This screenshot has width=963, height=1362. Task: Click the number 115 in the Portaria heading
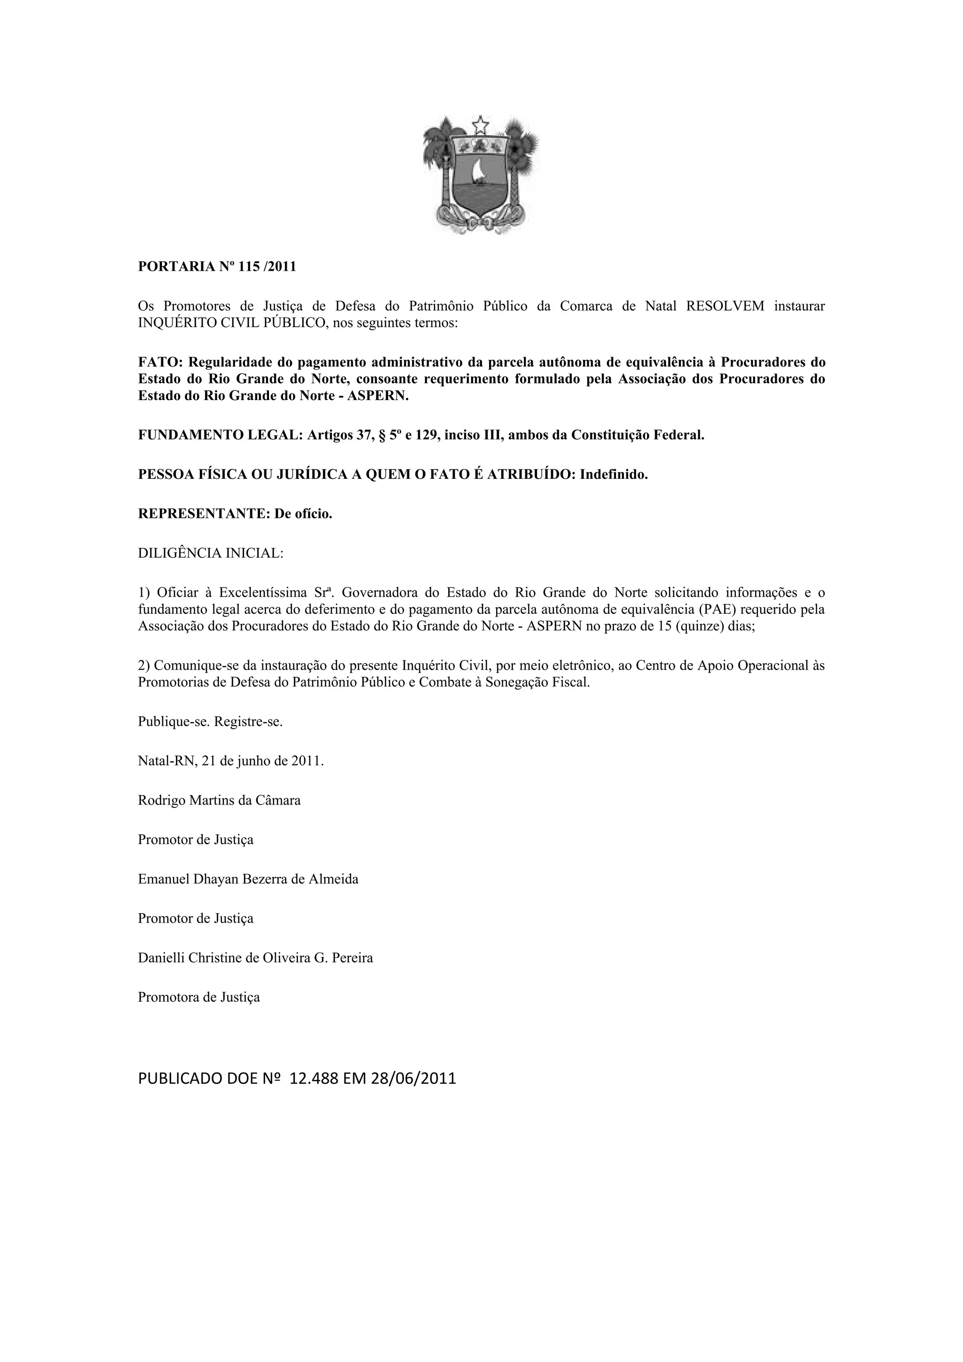(249, 266)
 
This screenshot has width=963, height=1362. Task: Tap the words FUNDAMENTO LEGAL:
(221, 435)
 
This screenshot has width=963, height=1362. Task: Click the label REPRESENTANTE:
(204, 514)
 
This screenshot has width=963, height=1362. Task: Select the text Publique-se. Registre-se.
(210, 722)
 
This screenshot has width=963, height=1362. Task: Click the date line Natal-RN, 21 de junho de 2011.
(231, 761)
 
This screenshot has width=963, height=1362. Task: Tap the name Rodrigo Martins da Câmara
(219, 800)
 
